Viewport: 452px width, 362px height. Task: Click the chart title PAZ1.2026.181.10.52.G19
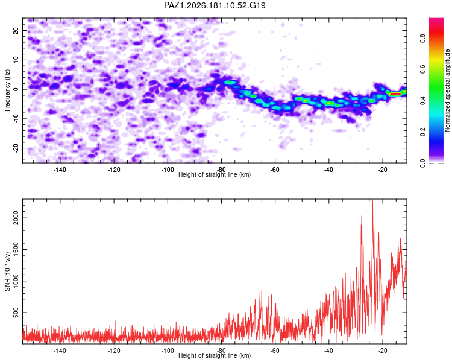(215, 5)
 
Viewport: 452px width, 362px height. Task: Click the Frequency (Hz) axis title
(7, 91)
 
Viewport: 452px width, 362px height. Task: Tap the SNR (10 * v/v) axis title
(7, 271)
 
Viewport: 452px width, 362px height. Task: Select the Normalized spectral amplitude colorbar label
(447, 91)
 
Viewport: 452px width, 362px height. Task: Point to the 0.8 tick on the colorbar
(422, 38)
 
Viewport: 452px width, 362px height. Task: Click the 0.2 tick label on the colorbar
(422, 132)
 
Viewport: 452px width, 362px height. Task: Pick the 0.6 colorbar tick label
(422, 69)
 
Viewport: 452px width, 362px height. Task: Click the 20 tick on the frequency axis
(16, 30)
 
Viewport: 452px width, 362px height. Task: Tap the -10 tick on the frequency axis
(16, 119)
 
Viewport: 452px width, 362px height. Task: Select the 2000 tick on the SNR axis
(16, 218)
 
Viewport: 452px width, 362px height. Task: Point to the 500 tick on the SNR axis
(16, 313)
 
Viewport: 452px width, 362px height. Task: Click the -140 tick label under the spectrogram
(60, 170)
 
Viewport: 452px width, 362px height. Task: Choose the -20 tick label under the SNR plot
(383, 351)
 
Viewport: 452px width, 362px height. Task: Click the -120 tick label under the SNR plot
(114, 351)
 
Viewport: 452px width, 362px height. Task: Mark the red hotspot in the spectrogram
(394, 94)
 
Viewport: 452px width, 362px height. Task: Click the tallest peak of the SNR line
(372, 200)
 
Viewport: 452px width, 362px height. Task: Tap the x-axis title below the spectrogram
(215, 174)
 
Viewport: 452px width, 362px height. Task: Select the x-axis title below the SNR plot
(215, 355)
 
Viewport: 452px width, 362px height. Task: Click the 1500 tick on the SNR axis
(16, 249)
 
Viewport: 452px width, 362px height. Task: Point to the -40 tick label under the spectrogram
(328, 170)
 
